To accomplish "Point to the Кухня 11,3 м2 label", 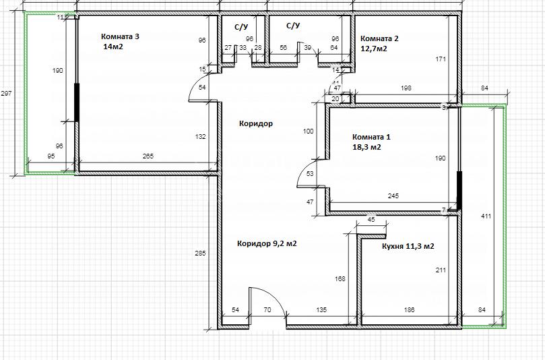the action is click(408, 246).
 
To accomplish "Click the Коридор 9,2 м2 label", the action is click(267, 243).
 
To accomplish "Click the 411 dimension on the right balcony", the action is click(486, 216).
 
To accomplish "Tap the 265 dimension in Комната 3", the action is click(148, 156).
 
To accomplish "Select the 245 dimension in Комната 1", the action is click(393, 196).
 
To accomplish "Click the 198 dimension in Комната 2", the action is click(406, 88).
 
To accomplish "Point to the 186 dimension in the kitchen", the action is click(410, 309).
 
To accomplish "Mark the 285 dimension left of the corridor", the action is click(200, 253).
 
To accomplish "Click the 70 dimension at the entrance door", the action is click(267, 309).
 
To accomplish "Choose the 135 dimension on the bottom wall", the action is click(321, 309).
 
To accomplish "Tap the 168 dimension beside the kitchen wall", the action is click(340, 278).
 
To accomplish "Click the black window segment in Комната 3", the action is click(77, 102).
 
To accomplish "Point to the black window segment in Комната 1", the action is click(459, 190).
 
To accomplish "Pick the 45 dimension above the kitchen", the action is click(371, 220).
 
